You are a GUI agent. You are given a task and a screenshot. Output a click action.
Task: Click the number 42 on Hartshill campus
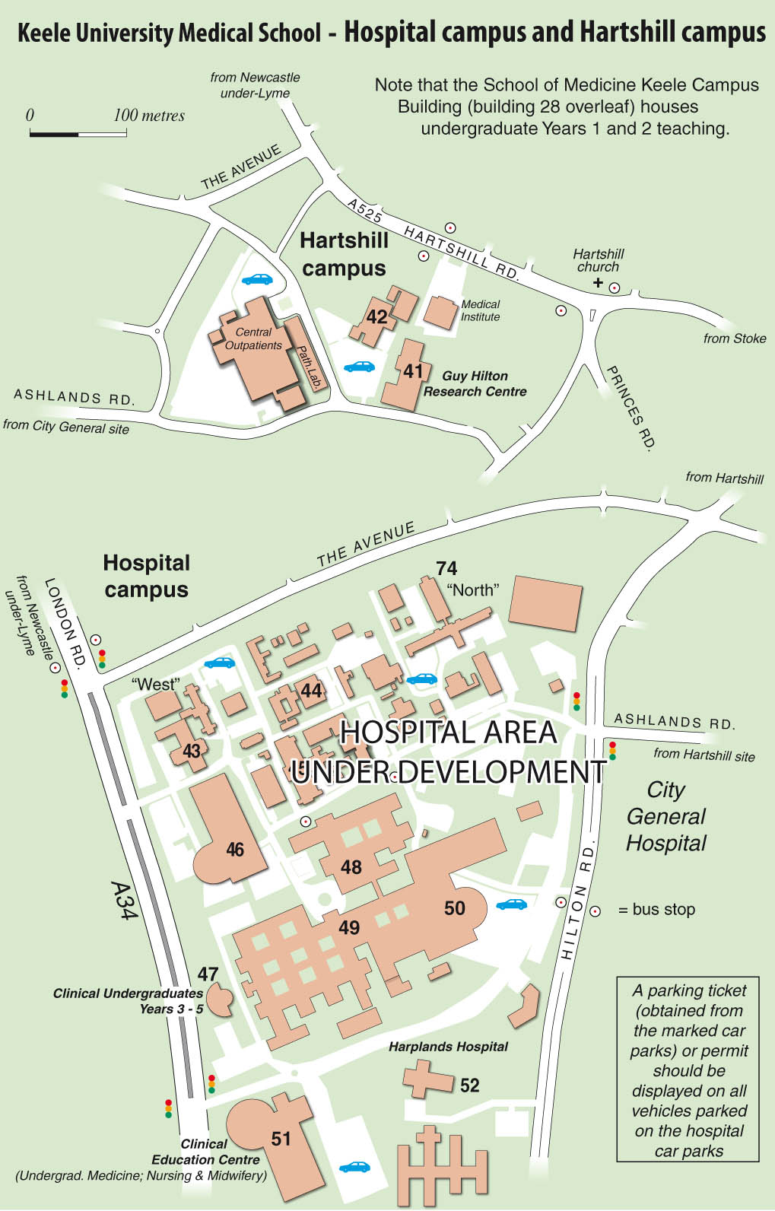(x=376, y=316)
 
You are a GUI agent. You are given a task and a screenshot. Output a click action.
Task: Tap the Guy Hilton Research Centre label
(x=475, y=383)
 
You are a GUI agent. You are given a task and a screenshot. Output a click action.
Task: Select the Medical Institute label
(x=480, y=310)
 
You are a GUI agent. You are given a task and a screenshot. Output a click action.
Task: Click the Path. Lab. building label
(x=308, y=366)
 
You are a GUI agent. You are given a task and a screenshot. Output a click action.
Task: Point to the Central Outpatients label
(x=253, y=339)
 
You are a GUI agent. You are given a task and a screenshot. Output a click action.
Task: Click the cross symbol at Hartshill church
(x=598, y=283)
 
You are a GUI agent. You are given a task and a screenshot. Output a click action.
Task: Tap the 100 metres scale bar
(x=78, y=134)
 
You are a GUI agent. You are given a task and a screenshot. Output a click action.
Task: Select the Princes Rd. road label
(x=630, y=407)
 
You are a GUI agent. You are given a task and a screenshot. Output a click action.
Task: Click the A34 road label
(x=124, y=901)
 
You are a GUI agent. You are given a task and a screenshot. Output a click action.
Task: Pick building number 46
(x=235, y=850)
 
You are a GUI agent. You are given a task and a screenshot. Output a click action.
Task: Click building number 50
(x=454, y=907)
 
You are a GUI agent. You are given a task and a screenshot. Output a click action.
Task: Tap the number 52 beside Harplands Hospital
(x=470, y=1085)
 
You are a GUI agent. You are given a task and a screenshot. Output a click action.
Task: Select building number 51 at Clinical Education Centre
(x=281, y=1138)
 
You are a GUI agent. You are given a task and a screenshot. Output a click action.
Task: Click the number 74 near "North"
(x=446, y=568)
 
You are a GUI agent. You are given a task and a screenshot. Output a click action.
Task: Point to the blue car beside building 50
(x=511, y=904)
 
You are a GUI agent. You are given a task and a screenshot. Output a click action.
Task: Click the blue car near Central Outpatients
(x=257, y=279)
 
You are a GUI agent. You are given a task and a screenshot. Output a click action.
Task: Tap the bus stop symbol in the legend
(x=596, y=911)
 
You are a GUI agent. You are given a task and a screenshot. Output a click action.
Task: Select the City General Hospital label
(x=666, y=816)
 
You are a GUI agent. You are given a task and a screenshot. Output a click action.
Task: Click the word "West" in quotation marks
(x=156, y=684)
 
